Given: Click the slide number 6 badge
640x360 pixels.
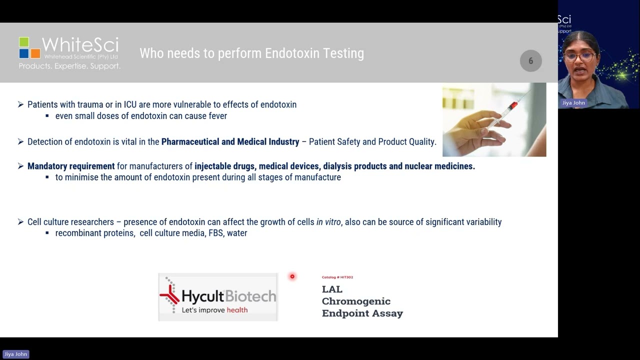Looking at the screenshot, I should (530, 61).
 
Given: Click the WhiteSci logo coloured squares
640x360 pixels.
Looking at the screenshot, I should (29, 48).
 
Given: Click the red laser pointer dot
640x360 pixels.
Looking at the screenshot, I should (292, 276).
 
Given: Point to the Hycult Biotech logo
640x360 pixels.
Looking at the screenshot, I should (218, 297).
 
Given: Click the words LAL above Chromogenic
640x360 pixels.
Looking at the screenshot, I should (332, 289).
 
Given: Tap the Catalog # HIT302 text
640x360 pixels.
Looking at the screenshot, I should (337, 277).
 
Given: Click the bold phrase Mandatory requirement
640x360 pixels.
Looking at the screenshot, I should (71, 166).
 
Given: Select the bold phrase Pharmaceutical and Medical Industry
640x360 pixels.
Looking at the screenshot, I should (230, 142).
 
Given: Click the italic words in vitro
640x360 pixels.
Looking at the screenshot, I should (328, 222).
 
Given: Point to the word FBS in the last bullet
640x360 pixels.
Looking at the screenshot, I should (215, 233).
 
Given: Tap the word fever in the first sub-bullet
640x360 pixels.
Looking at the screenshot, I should (216, 116).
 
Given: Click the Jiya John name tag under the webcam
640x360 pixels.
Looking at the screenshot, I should (573, 103).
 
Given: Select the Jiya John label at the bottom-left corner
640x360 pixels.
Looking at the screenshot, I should (16, 354).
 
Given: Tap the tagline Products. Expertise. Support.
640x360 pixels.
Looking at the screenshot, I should (69, 66).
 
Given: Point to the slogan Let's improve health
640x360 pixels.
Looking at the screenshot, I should (214, 310).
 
